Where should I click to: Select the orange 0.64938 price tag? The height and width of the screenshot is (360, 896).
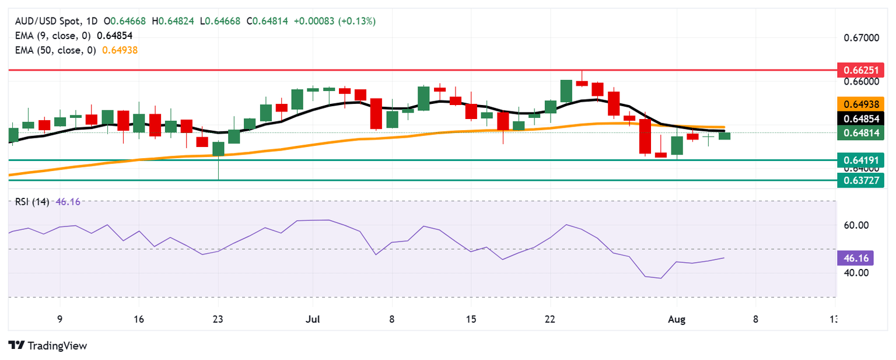860,104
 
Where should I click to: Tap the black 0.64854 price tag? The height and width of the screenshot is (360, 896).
860,118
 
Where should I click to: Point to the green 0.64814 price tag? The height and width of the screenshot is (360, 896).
860,134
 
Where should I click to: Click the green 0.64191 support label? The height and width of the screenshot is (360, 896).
860,159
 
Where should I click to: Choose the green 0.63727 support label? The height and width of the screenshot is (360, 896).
860,180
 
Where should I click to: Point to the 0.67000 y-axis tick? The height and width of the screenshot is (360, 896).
862,39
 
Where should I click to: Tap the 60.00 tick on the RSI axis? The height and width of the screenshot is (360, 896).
853,225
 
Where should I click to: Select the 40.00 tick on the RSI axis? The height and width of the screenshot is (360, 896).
853,272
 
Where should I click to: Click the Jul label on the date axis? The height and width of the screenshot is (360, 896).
313,320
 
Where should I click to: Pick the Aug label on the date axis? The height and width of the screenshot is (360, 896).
677,320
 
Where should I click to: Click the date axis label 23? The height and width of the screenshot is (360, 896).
218,320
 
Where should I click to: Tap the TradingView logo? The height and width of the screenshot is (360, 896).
48,345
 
